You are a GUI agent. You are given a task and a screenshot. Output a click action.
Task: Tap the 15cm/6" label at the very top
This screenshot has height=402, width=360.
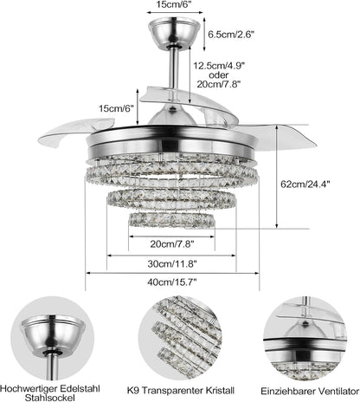171,6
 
